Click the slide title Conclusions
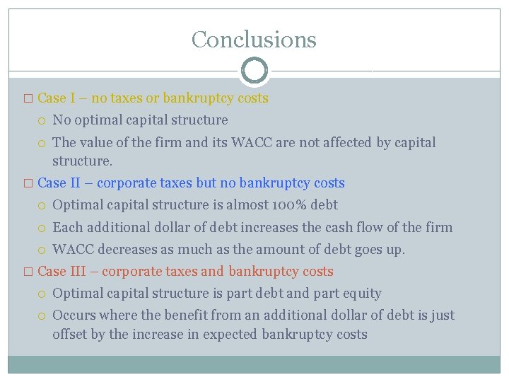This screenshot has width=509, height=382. click(254, 39)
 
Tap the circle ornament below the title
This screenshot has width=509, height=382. click(254, 71)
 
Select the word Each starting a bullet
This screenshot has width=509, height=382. click(68, 228)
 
